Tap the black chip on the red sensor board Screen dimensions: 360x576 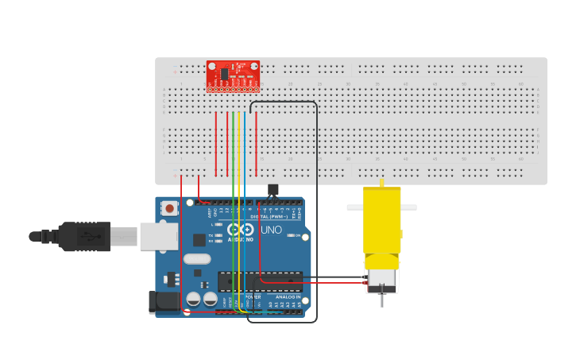pos(225,73)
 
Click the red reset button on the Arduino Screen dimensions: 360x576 pos(169,209)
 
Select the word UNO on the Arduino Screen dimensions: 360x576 pos(272,230)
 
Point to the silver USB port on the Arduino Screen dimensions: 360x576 pos(157,236)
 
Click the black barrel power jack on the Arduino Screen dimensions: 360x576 pos(165,301)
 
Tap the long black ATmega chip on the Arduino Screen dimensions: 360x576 pos(260,281)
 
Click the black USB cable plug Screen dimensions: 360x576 pos(83,236)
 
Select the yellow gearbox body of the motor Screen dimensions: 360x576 pos(381,221)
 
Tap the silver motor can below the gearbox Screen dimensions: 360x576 pos(381,279)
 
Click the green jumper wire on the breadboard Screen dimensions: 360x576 pos(233,143)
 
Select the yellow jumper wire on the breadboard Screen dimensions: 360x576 pos(238,143)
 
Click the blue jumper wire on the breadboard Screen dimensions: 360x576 pos(245,143)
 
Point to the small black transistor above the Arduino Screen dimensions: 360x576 pos(273,189)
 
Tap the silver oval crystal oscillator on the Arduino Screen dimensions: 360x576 pos(197,258)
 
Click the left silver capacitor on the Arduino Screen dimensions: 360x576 pos(193,299)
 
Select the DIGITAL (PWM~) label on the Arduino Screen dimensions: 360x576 pos(269,216)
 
